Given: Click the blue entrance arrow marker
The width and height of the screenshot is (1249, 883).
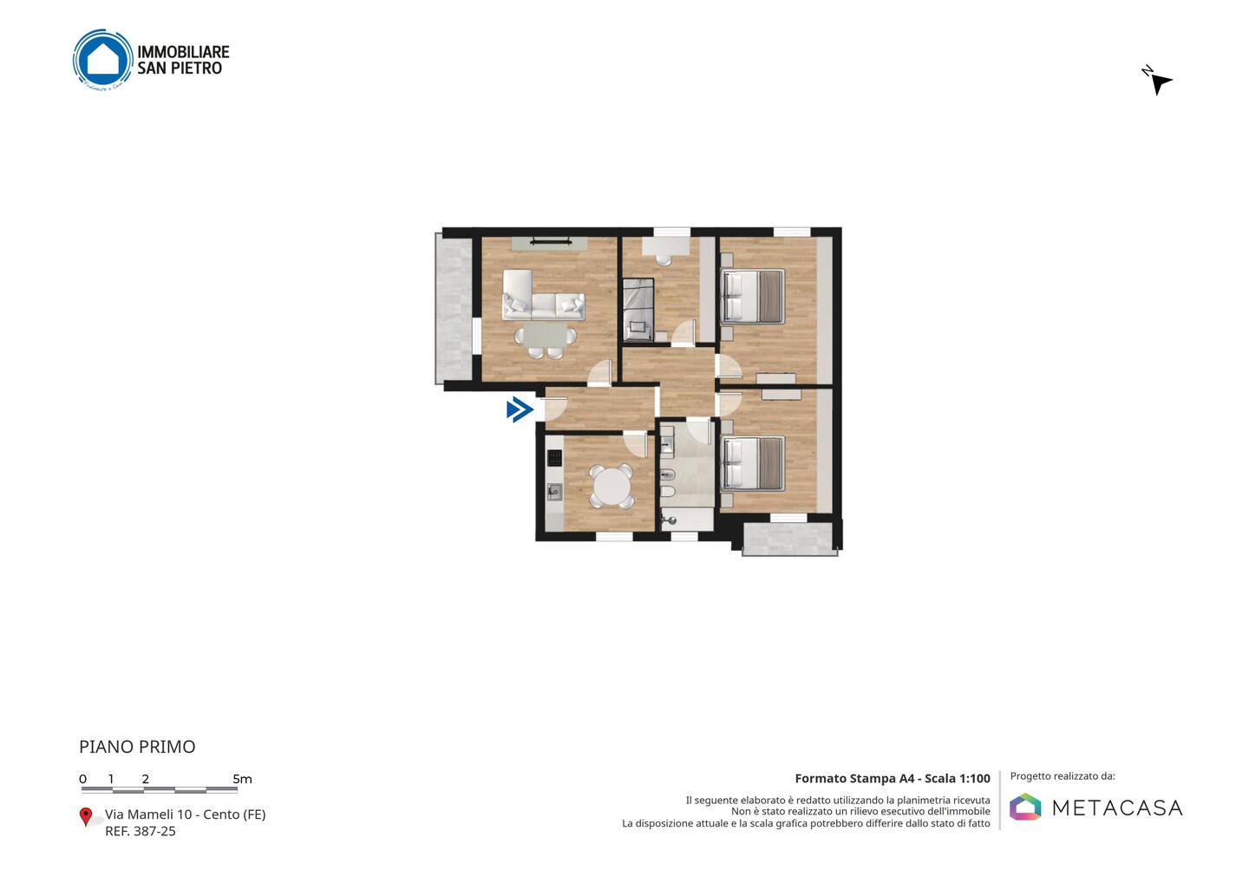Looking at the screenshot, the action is click(520, 409).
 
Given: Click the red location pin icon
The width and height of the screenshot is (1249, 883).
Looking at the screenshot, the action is click(85, 817).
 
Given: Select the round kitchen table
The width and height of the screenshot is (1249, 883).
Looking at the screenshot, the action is click(611, 487).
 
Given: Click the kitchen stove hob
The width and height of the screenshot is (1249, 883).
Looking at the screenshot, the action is click(554, 458).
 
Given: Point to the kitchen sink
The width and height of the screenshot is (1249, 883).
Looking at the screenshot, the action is click(554, 492).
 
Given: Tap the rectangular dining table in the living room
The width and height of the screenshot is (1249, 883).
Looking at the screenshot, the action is click(546, 336).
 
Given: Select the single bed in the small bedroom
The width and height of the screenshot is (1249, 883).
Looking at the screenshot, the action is click(638, 310).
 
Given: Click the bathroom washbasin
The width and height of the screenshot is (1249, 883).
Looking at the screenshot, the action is click(667, 444).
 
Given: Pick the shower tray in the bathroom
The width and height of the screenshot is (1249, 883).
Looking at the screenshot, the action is click(687, 519).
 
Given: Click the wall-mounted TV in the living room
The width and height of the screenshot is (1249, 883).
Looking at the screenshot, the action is click(550, 241).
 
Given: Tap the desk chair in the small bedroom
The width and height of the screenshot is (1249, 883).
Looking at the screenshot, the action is click(664, 259).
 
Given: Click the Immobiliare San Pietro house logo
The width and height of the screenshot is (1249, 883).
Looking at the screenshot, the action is click(103, 59).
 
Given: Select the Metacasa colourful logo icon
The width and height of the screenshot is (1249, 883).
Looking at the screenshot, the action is click(1025, 807).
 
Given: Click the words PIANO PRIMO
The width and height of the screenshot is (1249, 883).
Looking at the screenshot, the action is click(137, 747).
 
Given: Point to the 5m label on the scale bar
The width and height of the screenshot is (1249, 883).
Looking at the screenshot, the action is click(243, 779).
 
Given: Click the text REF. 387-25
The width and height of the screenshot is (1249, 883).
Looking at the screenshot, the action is click(141, 831).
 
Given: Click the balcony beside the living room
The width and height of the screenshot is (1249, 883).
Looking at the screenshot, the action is click(454, 308).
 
